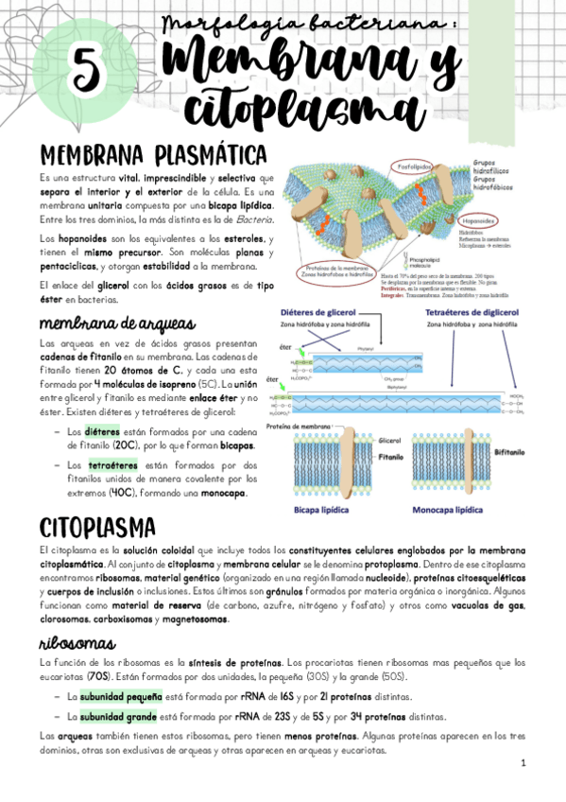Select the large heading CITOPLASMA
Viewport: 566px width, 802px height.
99,526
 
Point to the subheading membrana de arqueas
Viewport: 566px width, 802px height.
104,323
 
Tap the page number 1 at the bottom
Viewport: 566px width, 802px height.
522,762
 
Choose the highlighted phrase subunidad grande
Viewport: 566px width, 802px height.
111,716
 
